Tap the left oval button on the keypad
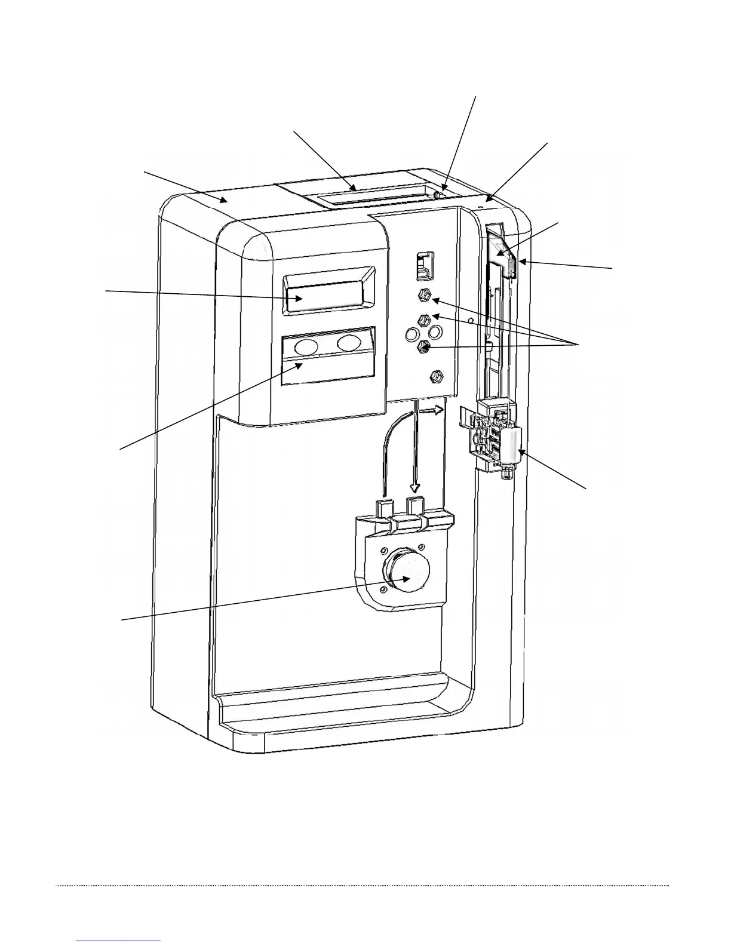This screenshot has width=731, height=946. pos(307,346)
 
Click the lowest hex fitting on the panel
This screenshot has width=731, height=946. pos(435,377)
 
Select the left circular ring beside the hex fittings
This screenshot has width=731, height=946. pos(411,332)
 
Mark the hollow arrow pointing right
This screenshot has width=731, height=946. pos(432,411)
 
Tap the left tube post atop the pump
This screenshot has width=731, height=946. pos(382,508)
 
